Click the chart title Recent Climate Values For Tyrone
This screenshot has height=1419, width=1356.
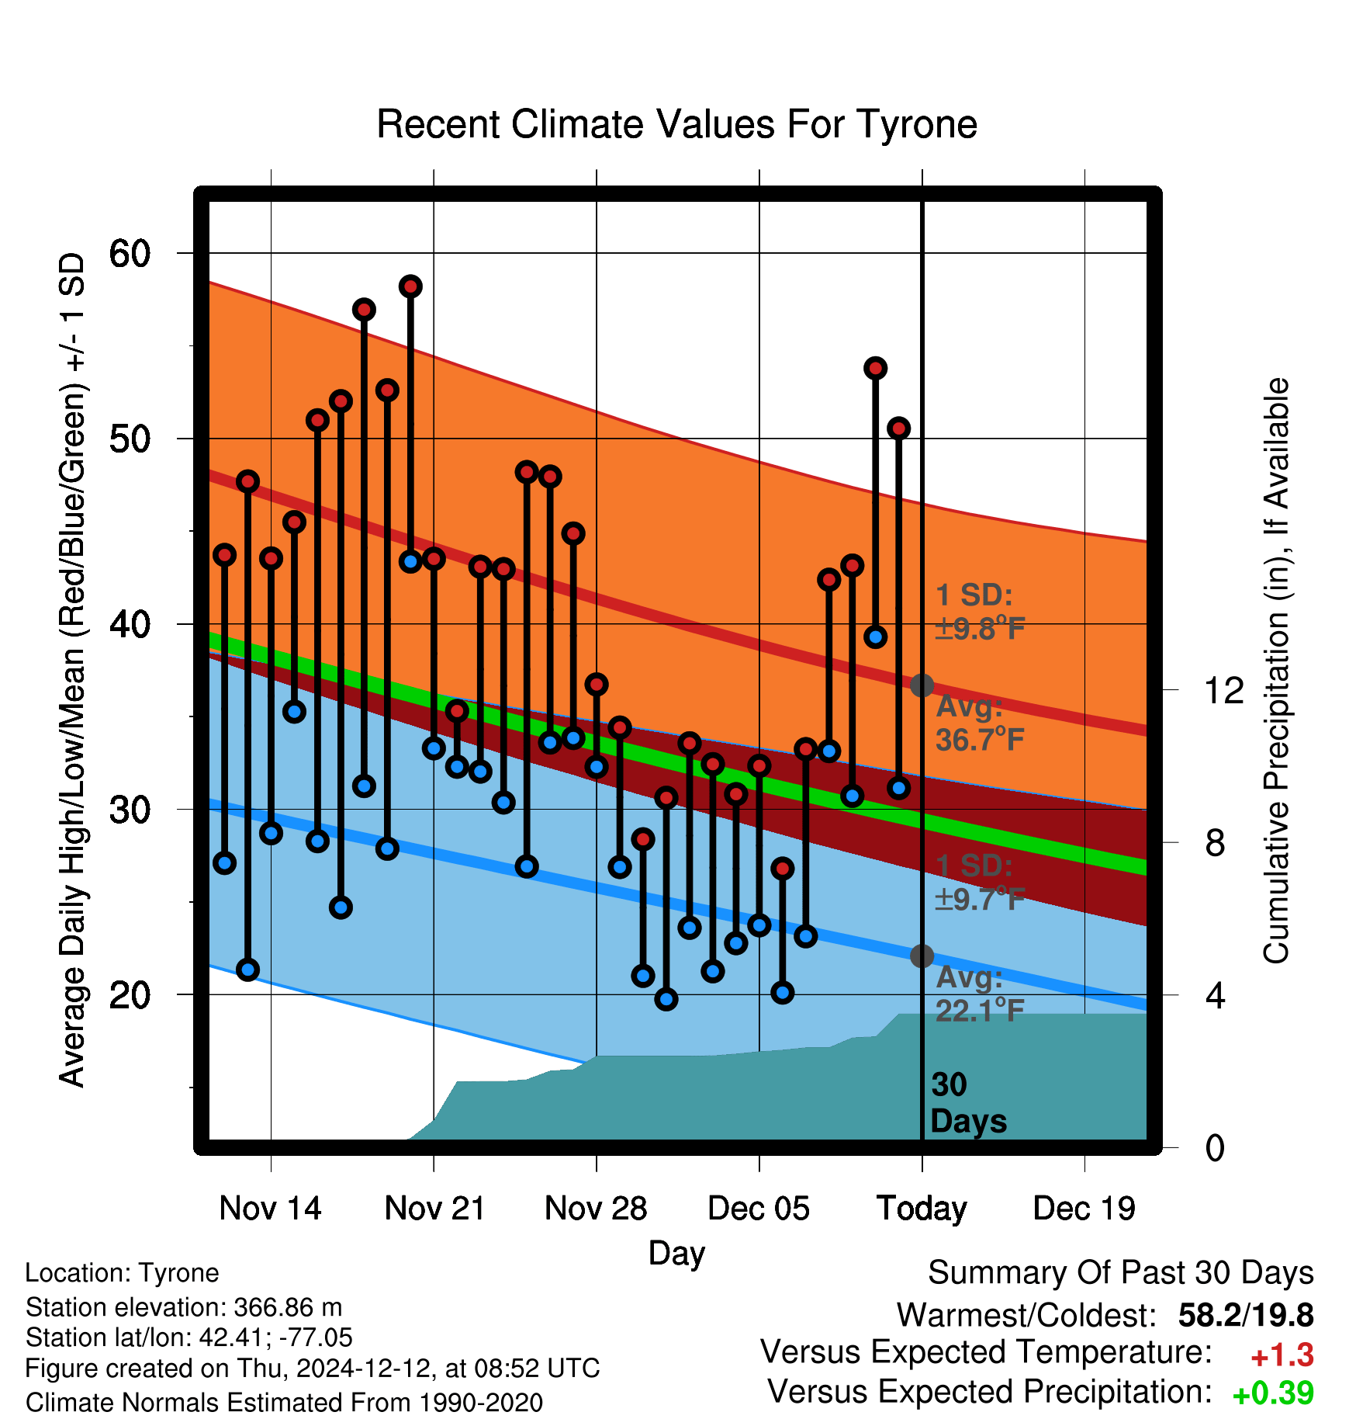[676, 124]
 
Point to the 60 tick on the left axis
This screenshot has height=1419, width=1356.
[130, 253]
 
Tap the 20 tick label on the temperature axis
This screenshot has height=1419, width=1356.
[130, 994]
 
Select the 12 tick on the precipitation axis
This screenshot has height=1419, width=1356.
[1223, 690]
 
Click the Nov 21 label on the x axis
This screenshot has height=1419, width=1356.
[434, 1209]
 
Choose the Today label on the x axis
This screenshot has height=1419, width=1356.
[922, 1209]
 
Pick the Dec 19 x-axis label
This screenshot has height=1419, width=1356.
[1084, 1209]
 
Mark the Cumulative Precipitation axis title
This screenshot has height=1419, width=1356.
[1276, 671]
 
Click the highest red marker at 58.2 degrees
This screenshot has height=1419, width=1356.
[410, 286]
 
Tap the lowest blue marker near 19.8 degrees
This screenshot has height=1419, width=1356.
[666, 999]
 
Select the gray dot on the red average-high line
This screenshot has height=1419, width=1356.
[922, 685]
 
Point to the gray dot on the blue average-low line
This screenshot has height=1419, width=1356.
[922, 956]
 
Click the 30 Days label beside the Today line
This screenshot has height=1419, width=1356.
[968, 1103]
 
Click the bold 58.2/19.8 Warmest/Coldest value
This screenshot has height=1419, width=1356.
[1246, 1315]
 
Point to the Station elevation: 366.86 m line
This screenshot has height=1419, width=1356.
[184, 1307]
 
